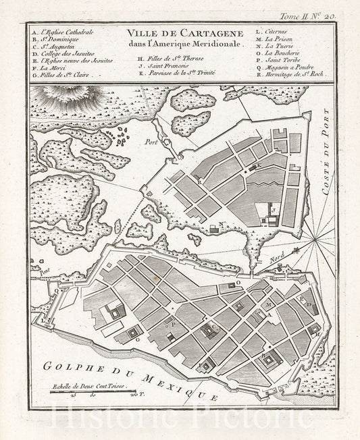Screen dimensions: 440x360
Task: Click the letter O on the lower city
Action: [x=237, y=273]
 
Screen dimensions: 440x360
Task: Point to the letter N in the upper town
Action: [x=221, y=225]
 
